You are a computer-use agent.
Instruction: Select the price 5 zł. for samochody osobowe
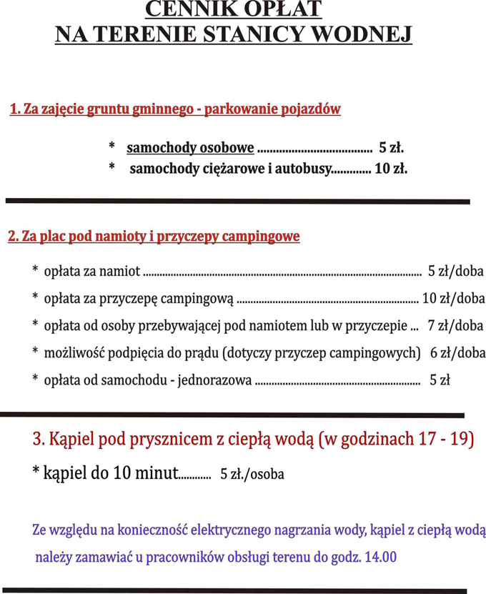click(392, 149)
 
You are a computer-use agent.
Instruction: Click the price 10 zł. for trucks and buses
click(391, 170)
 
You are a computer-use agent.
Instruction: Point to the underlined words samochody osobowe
click(190, 149)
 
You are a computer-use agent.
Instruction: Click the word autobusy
click(304, 170)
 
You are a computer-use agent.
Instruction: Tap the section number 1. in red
click(16, 109)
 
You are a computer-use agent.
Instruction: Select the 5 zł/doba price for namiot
click(455, 272)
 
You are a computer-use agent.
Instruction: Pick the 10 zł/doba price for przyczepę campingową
click(453, 299)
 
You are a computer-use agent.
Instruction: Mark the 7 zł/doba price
click(455, 326)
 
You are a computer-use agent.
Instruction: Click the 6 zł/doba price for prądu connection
click(457, 353)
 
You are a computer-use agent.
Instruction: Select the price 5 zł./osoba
click(252, 474)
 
